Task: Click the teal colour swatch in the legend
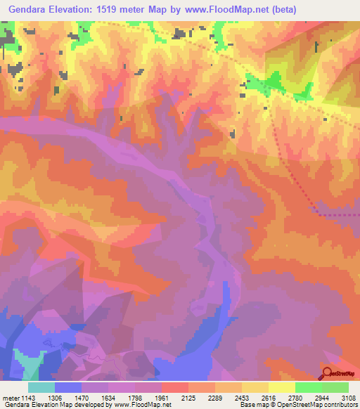point(41,387)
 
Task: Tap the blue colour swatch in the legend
point(68,387)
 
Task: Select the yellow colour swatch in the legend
point(282,387)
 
